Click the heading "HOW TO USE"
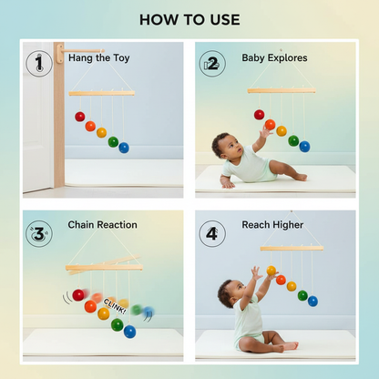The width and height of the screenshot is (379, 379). [x=189, y=19]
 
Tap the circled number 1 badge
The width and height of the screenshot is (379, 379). [x=39, y=63]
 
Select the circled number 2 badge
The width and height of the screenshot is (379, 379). [x=211, y=63]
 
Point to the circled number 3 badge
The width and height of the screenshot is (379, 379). [x=39, y=232]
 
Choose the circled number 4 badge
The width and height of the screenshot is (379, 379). [x=211, y=231]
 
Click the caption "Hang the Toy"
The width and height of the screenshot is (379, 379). [x=98, y=57]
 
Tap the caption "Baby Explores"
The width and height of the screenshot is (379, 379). [x=274, y=57]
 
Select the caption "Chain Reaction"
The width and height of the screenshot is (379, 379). [x=102, y=224]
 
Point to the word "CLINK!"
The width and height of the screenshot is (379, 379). [x=115, y=303]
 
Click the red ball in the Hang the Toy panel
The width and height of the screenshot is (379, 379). [x=80, y=117]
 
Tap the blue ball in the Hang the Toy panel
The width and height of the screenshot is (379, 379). [x=124, y=147]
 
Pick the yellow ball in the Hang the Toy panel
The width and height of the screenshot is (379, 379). [x=101, y=132]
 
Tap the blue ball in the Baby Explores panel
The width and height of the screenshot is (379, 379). [x=304, y=146]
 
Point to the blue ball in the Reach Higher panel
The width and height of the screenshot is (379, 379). [x=312, y=301]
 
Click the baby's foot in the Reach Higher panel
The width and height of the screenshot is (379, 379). [x=289, y=345]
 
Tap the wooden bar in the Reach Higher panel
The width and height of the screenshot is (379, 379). [x=292, y=248]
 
